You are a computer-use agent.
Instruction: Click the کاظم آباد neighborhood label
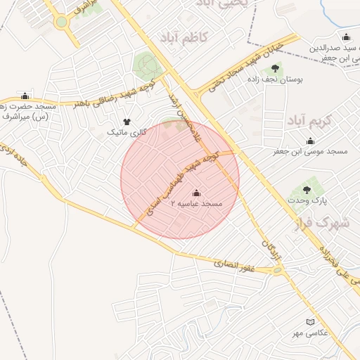coord(184,37)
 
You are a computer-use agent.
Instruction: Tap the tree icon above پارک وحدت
coord(306,189)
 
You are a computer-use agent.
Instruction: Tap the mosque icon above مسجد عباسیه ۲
coord(195,193)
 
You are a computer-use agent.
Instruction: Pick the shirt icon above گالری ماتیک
coord(127,122)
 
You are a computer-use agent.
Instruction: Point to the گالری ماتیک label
coord(127,132)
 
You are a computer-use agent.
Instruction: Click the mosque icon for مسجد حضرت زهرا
coord(26,96)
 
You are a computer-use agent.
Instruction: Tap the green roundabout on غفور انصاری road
coord(278,269)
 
